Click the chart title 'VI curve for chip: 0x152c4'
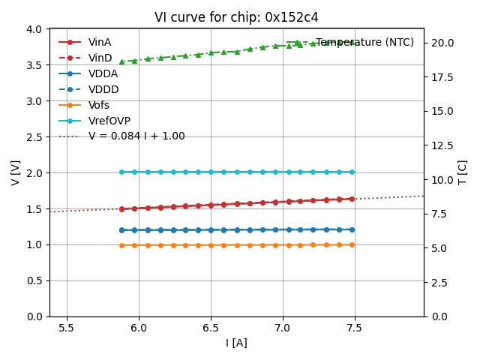point(236,17)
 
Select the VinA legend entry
point(100,43)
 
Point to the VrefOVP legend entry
point(109,121)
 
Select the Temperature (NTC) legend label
point(364,43)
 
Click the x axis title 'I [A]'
point(236,343)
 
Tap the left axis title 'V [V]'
point(16,172)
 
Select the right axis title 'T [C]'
point(463,172)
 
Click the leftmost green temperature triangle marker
point(121,62)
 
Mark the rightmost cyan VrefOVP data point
point(352,172)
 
